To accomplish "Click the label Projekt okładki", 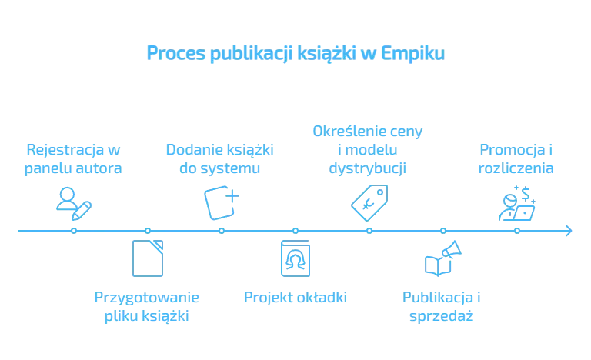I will coord(295,297).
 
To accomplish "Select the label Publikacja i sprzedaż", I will coord(442,305).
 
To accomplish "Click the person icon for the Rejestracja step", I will coord(74,201).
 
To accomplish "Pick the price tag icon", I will coord(368,202).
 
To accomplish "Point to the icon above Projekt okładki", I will coord(295,258).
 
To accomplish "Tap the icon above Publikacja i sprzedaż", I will coord(442,258).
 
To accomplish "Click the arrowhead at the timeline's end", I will coord(566,231).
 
